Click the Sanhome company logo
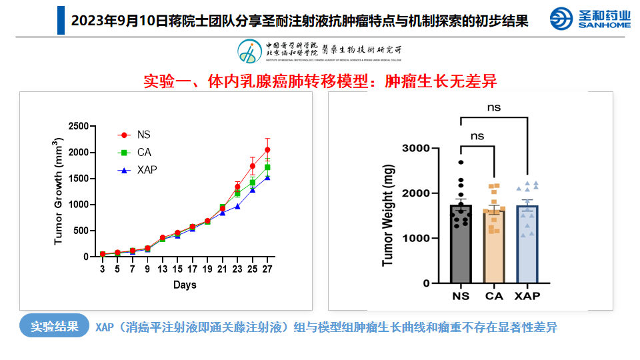590,19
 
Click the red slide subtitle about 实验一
320,81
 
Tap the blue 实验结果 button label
55,326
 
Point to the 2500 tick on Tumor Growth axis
78,126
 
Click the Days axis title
185,285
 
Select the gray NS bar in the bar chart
461,247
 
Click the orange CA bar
494,250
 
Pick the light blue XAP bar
527,247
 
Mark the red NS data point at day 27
267,150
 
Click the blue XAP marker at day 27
267,177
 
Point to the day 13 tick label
162,269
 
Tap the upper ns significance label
493,107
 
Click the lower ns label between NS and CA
477,135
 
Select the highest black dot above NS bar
461,162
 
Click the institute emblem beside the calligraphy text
249,51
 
